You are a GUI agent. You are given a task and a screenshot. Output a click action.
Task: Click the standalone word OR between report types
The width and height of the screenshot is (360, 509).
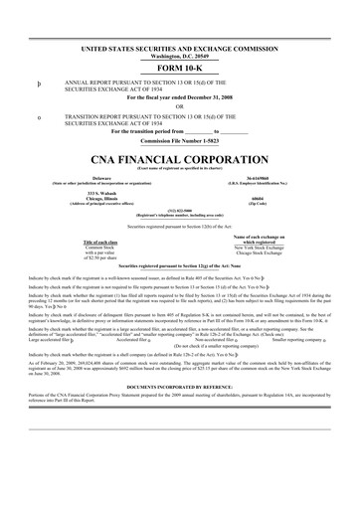180,107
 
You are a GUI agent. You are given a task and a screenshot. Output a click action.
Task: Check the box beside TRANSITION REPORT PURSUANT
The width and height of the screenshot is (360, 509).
39,117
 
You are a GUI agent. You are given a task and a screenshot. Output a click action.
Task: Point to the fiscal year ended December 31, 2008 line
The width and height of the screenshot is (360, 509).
180,98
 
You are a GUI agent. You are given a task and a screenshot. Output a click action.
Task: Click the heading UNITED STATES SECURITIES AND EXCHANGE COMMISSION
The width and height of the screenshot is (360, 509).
180,48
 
